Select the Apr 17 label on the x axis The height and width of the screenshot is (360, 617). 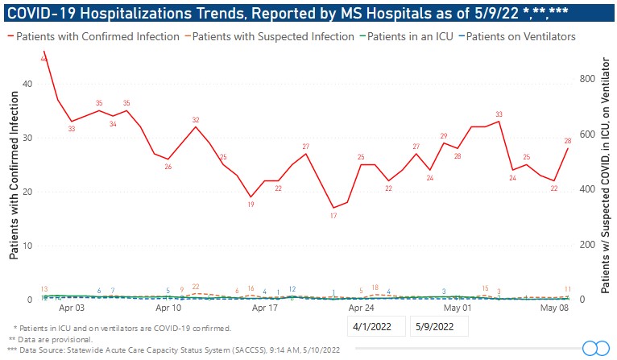[265, 308]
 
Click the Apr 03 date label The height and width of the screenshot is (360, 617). [72, 308]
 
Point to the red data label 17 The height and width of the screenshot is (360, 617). [333, 216]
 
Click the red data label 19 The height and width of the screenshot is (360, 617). [251, 205]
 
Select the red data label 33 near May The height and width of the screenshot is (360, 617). [499, 114]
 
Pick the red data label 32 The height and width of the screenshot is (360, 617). [196, 120]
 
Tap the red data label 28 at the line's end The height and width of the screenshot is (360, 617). [568, 140]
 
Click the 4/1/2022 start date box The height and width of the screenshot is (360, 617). [375, 326]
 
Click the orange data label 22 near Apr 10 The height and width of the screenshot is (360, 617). [196, 286]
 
